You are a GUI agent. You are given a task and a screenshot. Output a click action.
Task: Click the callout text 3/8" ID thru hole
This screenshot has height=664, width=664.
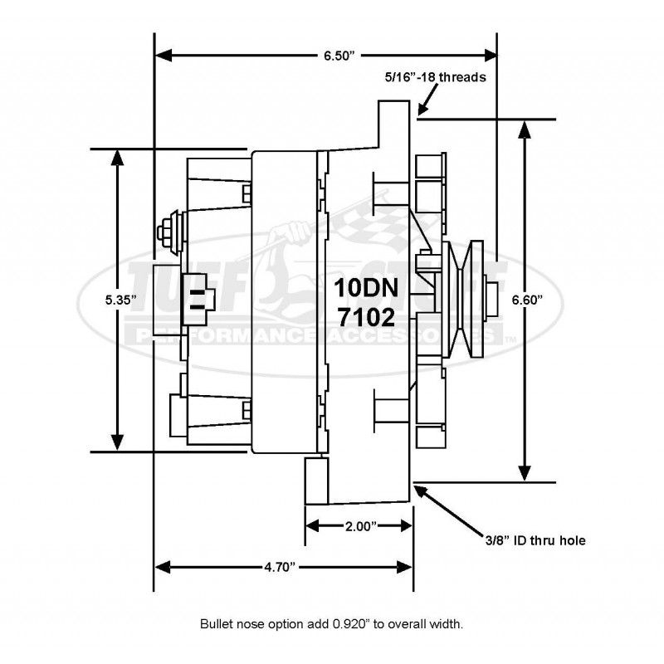tap(536, 540)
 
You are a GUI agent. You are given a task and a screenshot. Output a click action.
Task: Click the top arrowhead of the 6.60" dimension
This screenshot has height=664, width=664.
tap(524, 126)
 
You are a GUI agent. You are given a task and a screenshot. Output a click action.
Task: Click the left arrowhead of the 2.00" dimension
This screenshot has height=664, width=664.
tap(311, 526)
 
